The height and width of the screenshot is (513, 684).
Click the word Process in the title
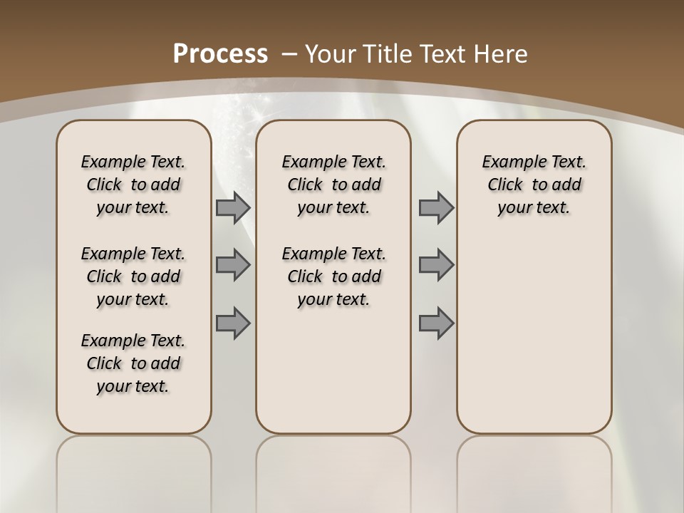click(220, 54)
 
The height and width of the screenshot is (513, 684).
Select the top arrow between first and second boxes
click(233, 207)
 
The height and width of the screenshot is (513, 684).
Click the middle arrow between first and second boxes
click(233, 265)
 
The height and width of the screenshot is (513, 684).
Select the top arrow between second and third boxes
click(436, 207)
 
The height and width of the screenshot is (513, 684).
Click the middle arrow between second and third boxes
click(436, 265)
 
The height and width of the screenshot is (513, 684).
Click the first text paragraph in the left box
click(133, 185)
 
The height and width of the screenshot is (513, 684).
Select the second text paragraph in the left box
click(133, 276)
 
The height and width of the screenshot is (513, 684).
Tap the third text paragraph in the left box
click(133, 363)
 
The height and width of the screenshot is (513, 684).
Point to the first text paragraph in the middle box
click(333, 185)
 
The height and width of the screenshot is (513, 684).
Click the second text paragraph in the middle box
click(333, 276)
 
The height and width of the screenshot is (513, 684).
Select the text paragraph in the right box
click(534, 185)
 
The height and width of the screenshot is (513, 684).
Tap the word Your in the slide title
click(331, 54)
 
